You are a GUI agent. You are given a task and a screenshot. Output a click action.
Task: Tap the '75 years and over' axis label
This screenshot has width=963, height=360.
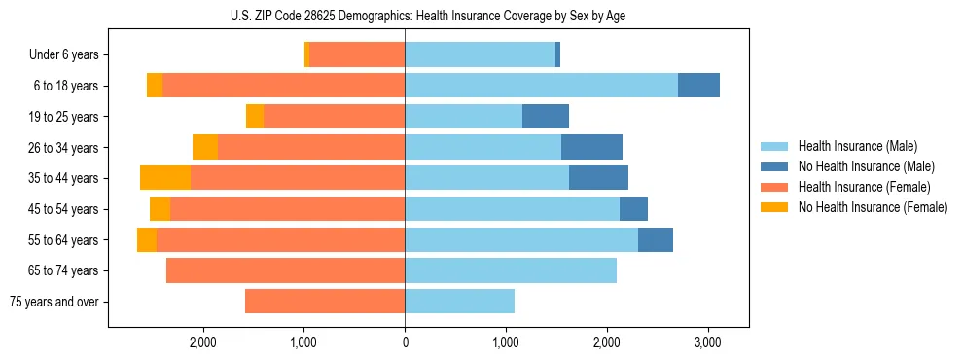(53, 302)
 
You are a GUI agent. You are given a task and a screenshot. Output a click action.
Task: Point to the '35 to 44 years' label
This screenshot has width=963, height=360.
(63, 178)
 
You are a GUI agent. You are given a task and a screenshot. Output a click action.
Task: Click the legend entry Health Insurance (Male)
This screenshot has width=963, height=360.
(857, 146)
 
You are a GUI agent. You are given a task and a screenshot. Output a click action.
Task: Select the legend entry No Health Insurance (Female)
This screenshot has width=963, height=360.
(873, 207)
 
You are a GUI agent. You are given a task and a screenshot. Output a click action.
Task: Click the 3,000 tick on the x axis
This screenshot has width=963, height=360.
(707, 342)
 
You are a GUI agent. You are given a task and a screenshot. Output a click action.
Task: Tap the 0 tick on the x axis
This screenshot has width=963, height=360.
(405, 342)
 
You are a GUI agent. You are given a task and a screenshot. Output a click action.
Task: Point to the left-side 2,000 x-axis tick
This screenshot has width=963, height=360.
(203, 342)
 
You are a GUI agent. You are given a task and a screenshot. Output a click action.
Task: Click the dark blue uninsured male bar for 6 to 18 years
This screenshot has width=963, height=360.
(698, 86)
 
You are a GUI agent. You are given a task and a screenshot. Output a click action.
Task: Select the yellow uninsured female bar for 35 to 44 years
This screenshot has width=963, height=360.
(165, 178)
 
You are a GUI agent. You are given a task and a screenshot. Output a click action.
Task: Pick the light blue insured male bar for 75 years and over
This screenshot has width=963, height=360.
(459, 302)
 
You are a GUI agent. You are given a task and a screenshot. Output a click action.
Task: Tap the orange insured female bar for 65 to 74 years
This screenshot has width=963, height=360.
(285, 270)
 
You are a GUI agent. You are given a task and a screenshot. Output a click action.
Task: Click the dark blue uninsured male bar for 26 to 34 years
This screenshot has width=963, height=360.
(591, 147)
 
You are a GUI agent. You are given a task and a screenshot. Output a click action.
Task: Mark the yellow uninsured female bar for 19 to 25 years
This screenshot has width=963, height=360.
(255, 117)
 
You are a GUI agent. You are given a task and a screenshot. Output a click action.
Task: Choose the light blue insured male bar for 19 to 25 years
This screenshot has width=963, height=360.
(463, 117)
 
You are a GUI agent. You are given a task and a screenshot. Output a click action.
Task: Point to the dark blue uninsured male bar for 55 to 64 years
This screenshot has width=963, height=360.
(656, 239)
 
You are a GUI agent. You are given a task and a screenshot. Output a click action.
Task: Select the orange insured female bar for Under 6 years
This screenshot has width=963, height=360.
(357, 54)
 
